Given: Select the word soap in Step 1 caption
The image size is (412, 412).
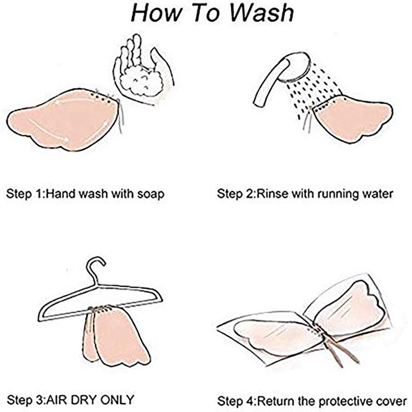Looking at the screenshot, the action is tap(151, 194).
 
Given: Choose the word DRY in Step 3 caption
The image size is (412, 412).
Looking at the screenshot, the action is tap(84, 400).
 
